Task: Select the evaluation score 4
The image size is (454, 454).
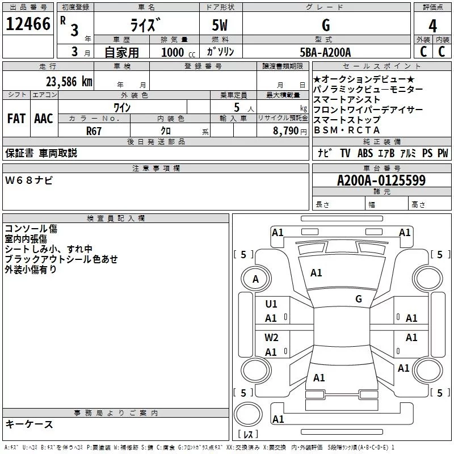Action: (433, 26)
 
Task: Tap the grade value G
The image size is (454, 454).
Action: (325, 26)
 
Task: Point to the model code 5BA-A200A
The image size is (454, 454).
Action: (325, 52)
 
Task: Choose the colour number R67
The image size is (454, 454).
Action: (94, 131)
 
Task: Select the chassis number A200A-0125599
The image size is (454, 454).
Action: (381, 181)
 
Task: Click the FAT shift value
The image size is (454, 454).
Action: (16, 119)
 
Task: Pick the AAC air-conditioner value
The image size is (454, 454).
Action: (44, 119)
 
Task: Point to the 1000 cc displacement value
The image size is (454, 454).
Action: (178, 53)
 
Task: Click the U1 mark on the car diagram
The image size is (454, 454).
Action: (271, 304)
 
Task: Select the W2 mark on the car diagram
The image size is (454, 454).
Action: (271, 338)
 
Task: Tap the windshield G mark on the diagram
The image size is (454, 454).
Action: (358, 299)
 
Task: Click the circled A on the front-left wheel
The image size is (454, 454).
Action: (255, 279)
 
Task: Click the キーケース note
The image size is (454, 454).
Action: (29, 424)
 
